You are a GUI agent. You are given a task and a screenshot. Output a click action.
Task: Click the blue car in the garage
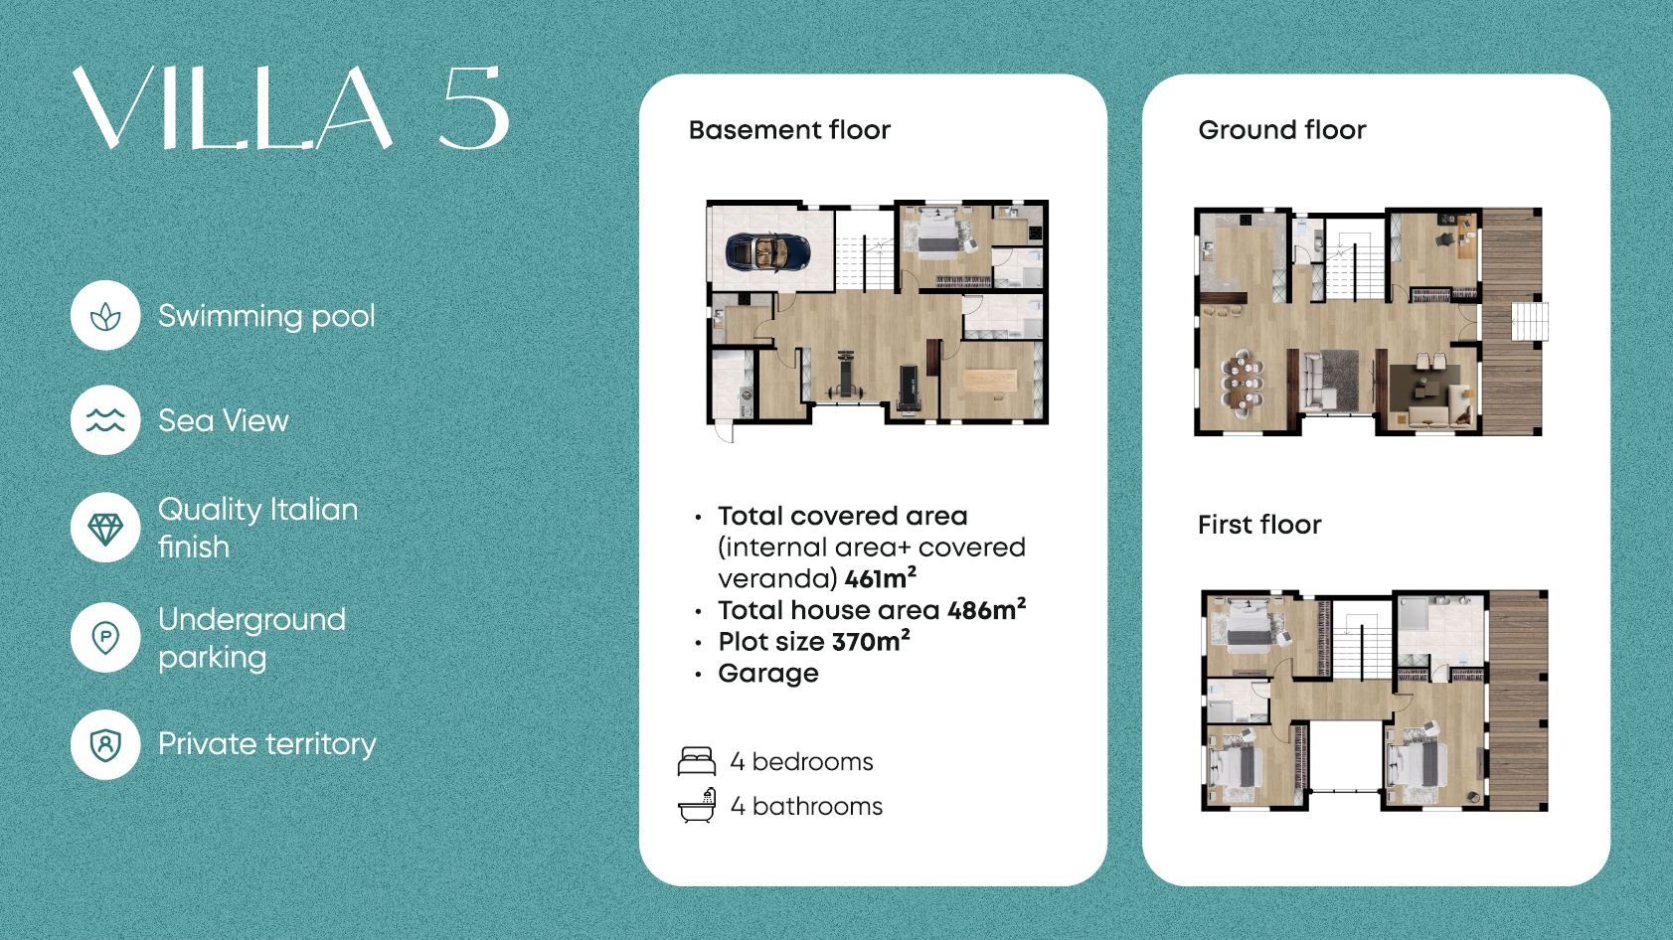(x=767, y=251)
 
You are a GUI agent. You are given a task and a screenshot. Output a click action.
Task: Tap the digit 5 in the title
(x=474, y=107)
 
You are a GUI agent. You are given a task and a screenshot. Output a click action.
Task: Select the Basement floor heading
(x=789, y=130)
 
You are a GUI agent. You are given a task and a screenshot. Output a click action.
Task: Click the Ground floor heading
(x=1281, y=130)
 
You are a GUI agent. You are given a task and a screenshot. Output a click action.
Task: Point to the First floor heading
(x=1259, y=524)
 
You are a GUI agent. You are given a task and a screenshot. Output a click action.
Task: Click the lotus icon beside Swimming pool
(x=105, y=316)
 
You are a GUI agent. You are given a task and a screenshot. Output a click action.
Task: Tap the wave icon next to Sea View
(x=105, y=420)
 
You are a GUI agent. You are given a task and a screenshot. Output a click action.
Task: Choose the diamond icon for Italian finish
(x=105, y=529)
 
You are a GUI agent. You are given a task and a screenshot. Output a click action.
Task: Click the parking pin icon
(x=105, y=638)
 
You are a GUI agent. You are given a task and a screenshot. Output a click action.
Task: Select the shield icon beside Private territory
(x=105, y=745)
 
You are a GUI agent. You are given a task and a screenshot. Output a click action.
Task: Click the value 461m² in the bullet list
(x=880, y=578)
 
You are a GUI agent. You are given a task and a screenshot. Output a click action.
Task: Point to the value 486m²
(x=986, y=610)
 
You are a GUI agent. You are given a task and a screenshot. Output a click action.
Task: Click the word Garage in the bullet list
(x=767, y=674)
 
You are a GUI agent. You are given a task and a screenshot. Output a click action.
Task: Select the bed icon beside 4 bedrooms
(x=696, y=761)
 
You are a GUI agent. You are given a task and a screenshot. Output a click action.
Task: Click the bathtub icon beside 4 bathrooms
(x=697, y=806)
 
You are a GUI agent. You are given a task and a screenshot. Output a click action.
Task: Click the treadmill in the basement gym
(x=909, y=390)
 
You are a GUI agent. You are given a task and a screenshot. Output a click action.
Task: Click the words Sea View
(x=224, y=421)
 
